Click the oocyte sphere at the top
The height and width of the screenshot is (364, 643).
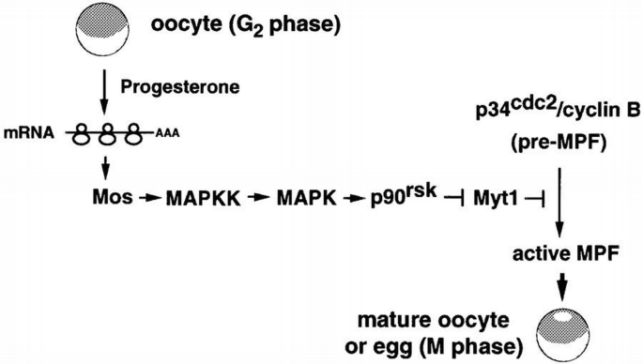[89, 27]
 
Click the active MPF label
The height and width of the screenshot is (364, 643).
[559, 254]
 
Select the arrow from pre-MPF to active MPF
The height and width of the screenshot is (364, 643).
[559, 202]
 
